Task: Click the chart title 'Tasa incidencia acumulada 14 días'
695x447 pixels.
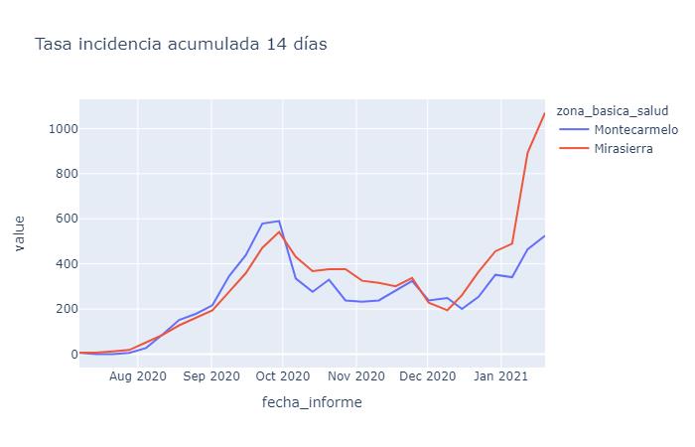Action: click(181, 44)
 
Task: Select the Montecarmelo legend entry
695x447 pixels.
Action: click(635, 129)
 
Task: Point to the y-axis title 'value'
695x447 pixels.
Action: click(20, 233)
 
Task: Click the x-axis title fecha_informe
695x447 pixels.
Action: click(312, 402)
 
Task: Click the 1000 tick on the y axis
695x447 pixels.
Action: click(56, 128)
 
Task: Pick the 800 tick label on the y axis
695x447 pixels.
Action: click(60, 174)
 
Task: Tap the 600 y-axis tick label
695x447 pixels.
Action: click(60, 219)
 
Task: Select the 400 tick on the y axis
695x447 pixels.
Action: click(60, 264)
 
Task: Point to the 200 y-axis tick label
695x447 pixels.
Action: click(60, 309)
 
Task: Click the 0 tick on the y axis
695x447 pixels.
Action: click(68, 354)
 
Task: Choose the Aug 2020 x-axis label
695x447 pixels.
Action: click(137, 377)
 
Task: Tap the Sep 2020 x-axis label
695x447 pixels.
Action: click(210, 377)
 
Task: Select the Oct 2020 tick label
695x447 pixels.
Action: click(282, 377)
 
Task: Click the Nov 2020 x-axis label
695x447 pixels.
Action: click(355, 377)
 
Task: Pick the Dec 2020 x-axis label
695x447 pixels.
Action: click(427, 377)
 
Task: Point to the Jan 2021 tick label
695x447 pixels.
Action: click(500, 377)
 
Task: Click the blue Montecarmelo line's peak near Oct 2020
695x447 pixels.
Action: click(279, 221)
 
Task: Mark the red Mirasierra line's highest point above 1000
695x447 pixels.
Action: click(544, 113)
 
